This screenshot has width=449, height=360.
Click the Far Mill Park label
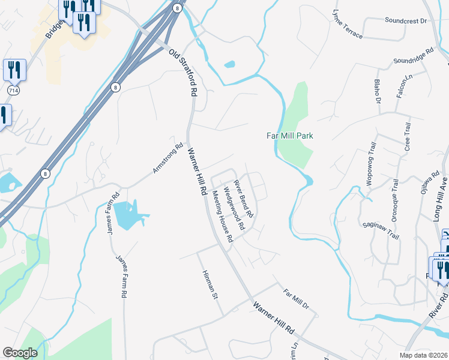click(290, 136)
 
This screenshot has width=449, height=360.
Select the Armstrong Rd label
click(167, 158)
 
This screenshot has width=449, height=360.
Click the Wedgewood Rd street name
click(234, 209)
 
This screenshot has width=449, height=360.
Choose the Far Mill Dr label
click(296, 299)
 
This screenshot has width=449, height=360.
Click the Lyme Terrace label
click(348, 25)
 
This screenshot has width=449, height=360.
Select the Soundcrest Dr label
click(405, 20)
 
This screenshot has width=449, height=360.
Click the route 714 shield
click(13, 89)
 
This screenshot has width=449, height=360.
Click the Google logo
click(20, 353)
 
